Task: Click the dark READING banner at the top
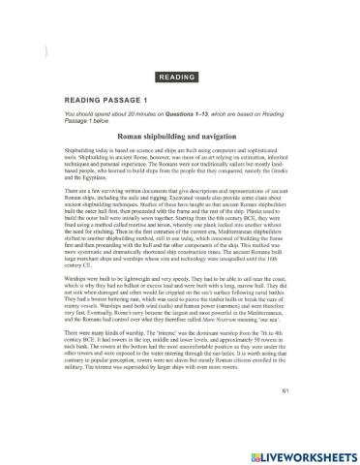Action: click(x=181, y=76)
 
